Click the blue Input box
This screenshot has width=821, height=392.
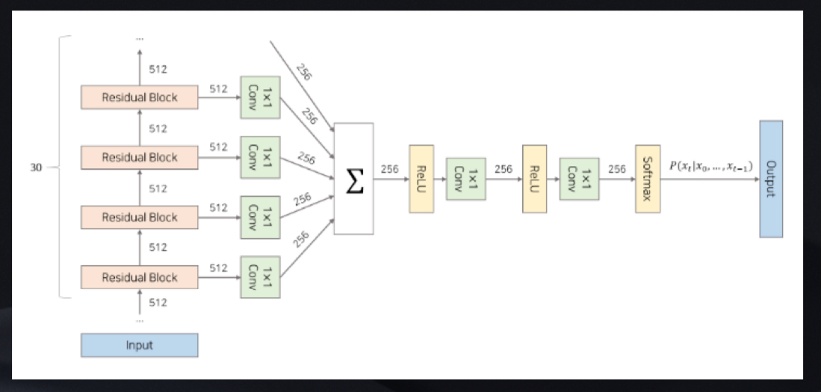tap(140, 345)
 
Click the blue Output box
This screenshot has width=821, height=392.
tap(771, 179)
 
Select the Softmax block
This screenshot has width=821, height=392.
tap(648, 179)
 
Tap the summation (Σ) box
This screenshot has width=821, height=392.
tap(353, 179)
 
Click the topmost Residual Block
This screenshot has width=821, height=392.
tap(140, 97)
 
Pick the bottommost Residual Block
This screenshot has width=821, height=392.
tap(140, 278)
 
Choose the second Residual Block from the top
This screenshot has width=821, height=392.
tap(140, 157)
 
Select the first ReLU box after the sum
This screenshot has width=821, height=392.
tap(421, 179)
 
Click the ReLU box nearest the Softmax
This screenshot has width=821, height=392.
tap(534, 179)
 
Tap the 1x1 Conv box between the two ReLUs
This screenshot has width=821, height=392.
tap(465, 179)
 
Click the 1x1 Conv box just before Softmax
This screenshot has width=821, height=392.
tap(579, 179)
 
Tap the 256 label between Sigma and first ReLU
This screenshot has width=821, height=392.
tap(389, 169)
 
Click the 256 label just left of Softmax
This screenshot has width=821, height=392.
tap(616, 169)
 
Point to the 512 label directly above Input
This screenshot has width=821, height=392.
tap(158, 303)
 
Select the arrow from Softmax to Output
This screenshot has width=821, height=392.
tap(710, 180)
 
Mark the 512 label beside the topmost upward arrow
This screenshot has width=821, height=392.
tap(158, 70)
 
